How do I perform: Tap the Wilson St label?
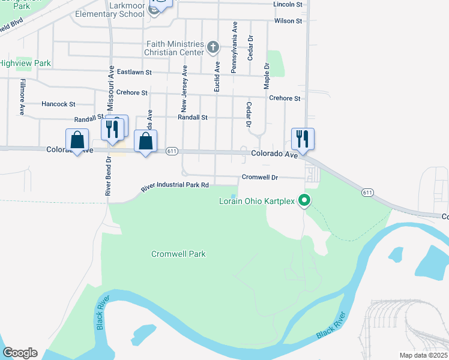pos(288,21)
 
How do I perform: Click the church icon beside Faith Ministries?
pos(212,47)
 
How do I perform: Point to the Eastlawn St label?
pos(134,72)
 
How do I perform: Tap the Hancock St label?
pos(58,104)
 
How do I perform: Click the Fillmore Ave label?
pos(22,97)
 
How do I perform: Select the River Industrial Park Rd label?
pos(175,187)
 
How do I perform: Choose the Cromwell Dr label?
pos(260,177)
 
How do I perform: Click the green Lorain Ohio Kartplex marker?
pos(305,200)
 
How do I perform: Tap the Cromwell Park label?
pos(178,254)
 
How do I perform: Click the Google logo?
pos(20,353)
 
